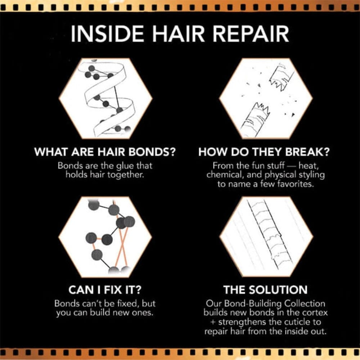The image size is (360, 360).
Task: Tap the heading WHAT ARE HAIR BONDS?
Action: pyautogui.click(x=105, y=152)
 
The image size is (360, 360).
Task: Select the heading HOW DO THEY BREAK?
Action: pyautogui.click(x=264, y=152)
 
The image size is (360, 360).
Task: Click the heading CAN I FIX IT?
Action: pyautogui.click(x=105, y=290)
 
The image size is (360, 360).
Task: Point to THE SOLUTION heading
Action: pyautogui.click(x=265, y=290)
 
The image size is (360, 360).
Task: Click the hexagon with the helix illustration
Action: pyautogui.click(x=105, y=98)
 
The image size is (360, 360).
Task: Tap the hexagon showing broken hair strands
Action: pyautogui.click(x=266, y=98)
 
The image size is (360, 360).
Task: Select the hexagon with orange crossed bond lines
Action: pyautogui.click(x=105, y=237)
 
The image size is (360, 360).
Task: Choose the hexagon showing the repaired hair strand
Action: pyautogui.click(x=266, y=237)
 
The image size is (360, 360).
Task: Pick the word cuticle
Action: pyautogui.click(x=291, y=321)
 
